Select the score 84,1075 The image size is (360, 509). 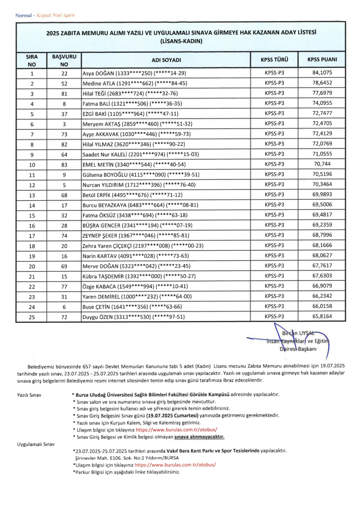(322, 73)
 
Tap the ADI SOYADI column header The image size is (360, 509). (166, 60)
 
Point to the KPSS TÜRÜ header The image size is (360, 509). (274, 60)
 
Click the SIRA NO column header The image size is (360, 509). (32, 60)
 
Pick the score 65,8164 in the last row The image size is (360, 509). (322, 316)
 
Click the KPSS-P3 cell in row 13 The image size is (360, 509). (274, 195)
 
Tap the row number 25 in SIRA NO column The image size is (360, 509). (32, 317)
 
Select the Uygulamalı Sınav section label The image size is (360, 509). (36, 444)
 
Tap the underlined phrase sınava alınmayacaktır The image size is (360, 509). (200, 437)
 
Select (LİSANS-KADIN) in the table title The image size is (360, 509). (181, 41)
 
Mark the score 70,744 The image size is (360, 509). (322, 165)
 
